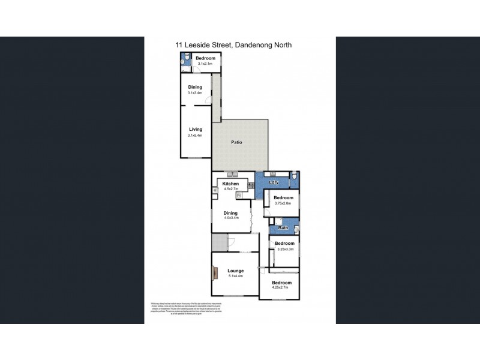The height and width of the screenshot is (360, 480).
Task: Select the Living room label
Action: [196, 129]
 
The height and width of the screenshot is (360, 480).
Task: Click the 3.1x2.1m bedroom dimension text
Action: [205, 64]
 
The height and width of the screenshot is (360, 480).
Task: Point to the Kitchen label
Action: [231, 184]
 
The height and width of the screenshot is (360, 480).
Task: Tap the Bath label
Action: [283, 228]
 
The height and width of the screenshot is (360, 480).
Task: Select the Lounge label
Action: [235, 271]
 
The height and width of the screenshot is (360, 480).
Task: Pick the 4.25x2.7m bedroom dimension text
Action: [281, 288]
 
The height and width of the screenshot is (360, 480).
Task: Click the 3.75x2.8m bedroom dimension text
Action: [283, 203]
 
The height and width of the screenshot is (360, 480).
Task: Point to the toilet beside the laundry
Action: [295, 177]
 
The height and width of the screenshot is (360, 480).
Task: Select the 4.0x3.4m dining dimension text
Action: [230, 218]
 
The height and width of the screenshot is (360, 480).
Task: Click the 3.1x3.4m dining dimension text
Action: [195, 93]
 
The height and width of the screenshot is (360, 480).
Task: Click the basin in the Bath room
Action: [296, 228]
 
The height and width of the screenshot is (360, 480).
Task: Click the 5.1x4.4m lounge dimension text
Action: [235, 277]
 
